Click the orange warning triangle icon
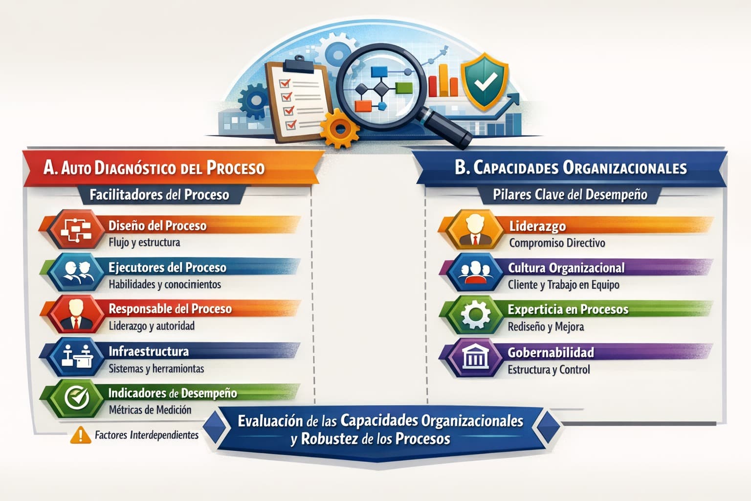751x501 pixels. pos(80,435)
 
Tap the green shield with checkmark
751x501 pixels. pos(485,81)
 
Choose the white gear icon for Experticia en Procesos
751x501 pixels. pos(475,315)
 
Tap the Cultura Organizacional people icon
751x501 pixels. pos(475,272)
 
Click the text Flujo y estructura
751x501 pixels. pos(144,242)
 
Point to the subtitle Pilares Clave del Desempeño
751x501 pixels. pos(570,195)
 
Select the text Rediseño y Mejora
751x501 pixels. pos(546,326)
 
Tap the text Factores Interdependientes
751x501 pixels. pos(147,435)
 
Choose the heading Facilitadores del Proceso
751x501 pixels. pos(159,195)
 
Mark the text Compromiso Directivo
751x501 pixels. pos(557,243)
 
